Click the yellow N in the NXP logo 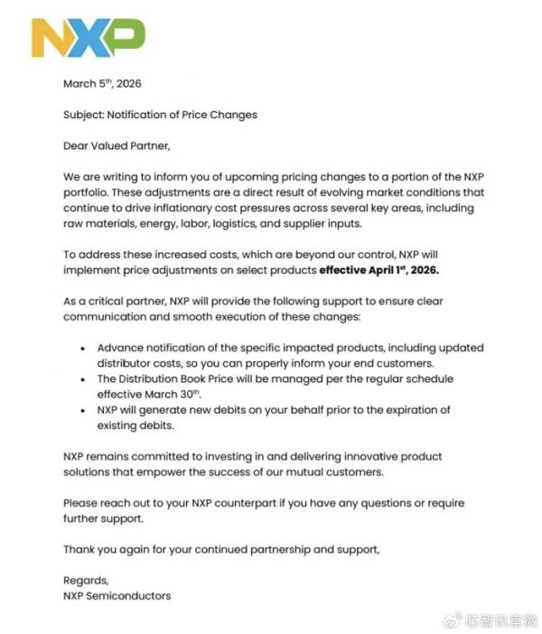[x=51, y=39]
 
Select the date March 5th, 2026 [x=102, y=84]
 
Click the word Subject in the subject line [x=83, y=115]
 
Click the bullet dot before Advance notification [x=83, y=349]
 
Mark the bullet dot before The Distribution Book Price [x=83, y=379]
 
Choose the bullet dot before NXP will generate [x=83, y=410]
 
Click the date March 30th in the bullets [x=170, y=395]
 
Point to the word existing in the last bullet [x=121, y=425]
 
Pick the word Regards [x=86, y=580]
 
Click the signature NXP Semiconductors [x=117, y=595]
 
